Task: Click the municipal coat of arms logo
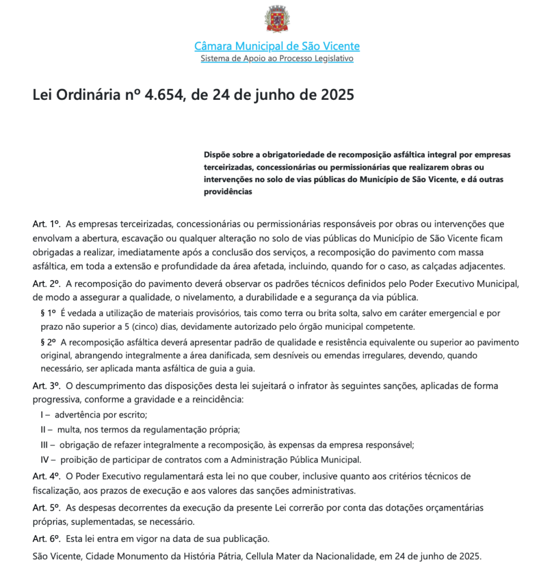277,19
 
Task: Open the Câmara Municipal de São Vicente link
277,46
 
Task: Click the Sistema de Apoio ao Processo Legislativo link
277,58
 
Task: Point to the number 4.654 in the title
165,94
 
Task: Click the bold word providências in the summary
227,192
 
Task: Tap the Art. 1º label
47,224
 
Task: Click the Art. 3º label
47,385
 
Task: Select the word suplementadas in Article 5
94,521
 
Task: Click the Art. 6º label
47,537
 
